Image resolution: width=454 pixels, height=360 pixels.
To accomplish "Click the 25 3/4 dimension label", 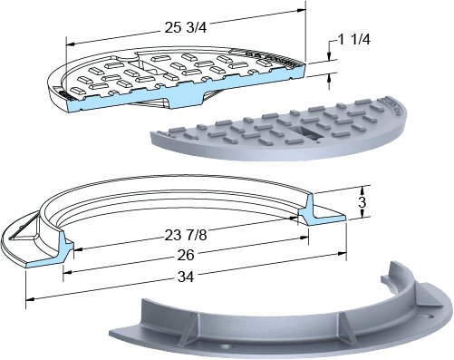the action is [x=186, y=28].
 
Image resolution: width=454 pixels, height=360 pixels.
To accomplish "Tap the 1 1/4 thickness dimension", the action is [x=353, y=40].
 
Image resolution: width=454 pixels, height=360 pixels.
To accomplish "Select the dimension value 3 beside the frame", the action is [x=362, y=202].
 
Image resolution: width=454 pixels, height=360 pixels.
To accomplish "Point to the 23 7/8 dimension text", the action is [x=186, y=235].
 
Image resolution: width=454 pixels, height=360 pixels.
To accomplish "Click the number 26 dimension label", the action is [x=186, y=255].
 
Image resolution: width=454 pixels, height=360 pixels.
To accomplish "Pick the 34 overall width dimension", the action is [x=186, y=277].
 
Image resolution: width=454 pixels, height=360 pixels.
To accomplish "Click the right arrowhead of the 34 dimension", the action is [x=343, y=253].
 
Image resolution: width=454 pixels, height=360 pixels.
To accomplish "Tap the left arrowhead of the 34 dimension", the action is [x=30, y=299].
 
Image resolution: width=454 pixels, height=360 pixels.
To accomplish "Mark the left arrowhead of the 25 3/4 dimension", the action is [x=70, y=44].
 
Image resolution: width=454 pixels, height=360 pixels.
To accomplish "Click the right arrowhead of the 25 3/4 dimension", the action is [x=302, y=11].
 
